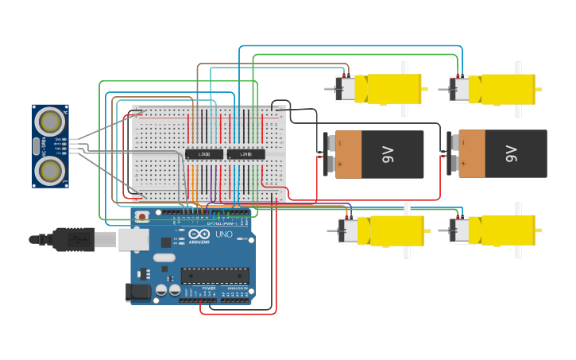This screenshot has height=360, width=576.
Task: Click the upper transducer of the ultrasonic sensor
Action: pyautogui.click(x=52, y=122)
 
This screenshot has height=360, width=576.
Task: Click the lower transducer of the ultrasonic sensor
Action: pyautogui.click(x=52, y=168)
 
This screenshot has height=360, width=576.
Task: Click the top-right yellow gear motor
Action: pyautogui.click(x=499, y=89)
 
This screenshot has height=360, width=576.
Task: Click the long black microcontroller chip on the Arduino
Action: pyautogui.click(x=215, y=276)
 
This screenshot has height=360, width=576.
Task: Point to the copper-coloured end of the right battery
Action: pyautogui.click(x=472, y=154)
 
